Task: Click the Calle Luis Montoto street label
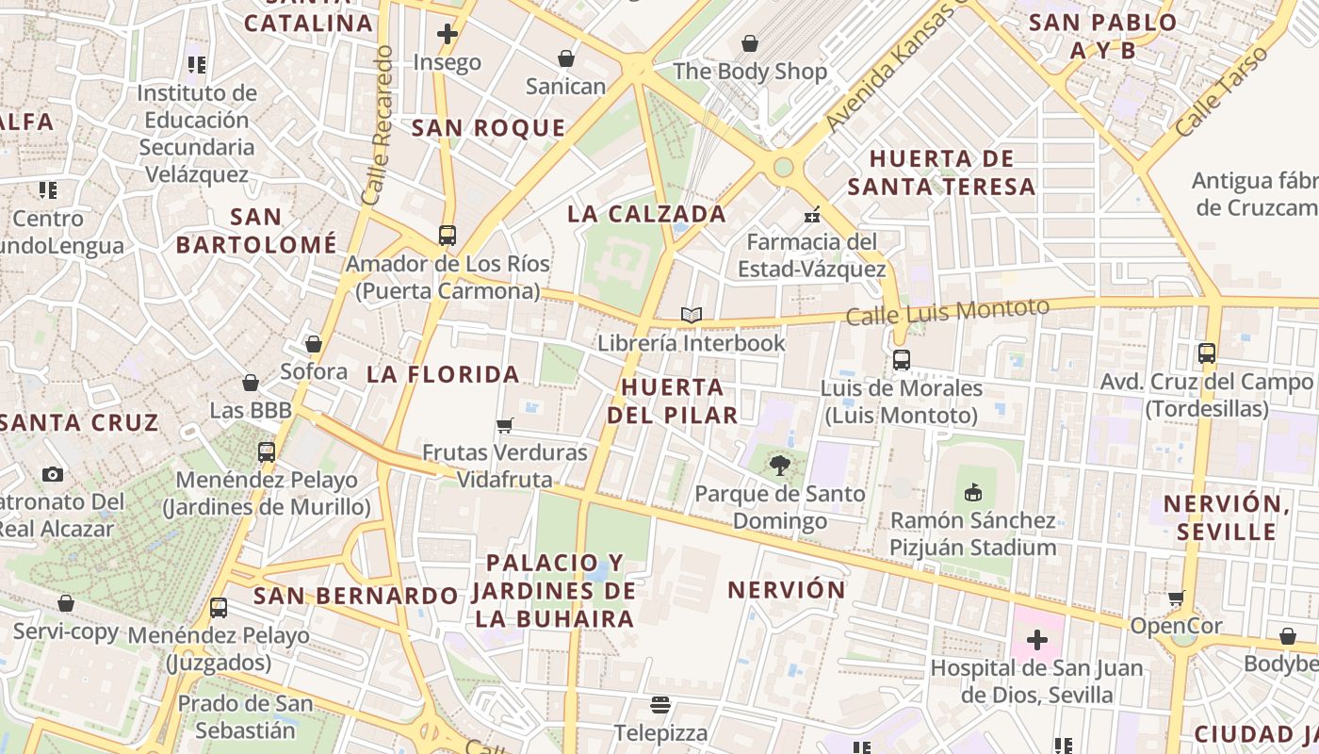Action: click(947, 312)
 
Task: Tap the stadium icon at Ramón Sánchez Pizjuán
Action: click(973, 492)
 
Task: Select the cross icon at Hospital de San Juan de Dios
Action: click(1036, 641)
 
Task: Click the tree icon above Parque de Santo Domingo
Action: click(779, 465)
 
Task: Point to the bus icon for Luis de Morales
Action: click(902, 359)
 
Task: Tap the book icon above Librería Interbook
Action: click(692, 315)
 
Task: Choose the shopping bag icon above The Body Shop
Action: click(750, 43)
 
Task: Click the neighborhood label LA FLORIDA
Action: click(443, 374)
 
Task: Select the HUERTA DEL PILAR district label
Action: click(673, 401)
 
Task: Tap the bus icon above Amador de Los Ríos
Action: click(448, 235)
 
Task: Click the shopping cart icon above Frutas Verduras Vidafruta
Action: click(505, 425)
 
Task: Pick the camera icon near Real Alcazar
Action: click(53, 474)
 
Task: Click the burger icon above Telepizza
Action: click(659, 704)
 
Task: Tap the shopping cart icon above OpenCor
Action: click(1176, 598)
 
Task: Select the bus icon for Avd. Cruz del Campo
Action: click(1207, 353)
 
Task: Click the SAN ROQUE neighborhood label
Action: click(488, 128)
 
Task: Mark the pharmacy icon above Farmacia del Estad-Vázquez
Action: click(812, 215)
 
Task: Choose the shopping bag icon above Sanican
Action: click(565, 59)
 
